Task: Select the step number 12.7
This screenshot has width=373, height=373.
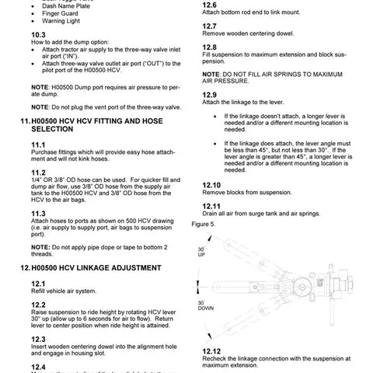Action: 209,26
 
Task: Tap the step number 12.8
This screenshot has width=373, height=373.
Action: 209,47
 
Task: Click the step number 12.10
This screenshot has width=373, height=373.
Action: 211,207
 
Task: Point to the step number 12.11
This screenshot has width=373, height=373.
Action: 211,228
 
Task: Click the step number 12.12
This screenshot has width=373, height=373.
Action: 211,350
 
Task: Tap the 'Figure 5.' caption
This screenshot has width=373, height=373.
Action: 203,246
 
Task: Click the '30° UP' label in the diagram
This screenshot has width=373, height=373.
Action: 201,252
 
